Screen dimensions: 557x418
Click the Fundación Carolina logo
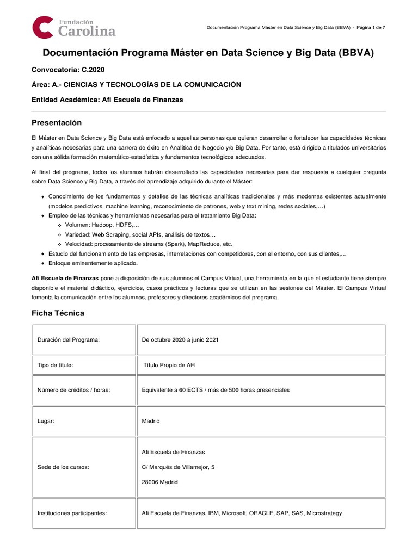click(73, 27)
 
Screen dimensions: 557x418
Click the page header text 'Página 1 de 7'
click(371, 28)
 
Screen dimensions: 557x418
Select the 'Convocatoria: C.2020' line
click(67, 70)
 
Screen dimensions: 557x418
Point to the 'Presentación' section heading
click(56, 122)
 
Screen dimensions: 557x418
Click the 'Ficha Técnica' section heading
click(58, 313)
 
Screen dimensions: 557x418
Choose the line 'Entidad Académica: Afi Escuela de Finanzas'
click(107, 100)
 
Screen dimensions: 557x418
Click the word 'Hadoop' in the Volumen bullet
click(103, 225)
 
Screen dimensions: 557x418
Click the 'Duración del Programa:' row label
click(69, 340)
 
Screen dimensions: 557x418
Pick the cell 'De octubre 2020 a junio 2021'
click(180, 340)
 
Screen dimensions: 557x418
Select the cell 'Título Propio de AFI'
click(169, 365)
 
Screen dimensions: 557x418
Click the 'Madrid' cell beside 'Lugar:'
click(151, 421)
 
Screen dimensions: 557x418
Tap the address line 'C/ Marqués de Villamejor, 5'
click(178, 467)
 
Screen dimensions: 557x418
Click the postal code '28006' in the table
click(150, 482)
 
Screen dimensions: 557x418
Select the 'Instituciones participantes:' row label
click(72, 513)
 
